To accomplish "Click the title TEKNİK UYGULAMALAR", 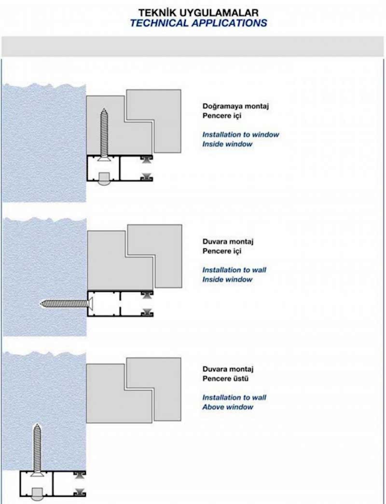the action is (198, 13).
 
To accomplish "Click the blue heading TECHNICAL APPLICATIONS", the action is (198, 23).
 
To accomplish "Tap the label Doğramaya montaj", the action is (235, 106).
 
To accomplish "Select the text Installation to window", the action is (241, 135).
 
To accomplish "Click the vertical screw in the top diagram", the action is (104, 135).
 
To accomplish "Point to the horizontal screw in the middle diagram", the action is (67, 303).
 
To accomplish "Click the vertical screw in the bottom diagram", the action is (37, 450).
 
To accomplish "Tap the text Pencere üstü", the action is (225, 378).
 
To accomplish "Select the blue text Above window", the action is (228, 407).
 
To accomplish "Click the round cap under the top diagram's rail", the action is (104, 179).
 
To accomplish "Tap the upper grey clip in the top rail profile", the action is (147, 160).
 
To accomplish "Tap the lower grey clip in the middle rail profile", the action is (147, 312).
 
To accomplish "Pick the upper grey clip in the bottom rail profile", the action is (80, 475).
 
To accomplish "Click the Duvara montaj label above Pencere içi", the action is (228, 242).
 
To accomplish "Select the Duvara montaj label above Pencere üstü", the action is (228, 369).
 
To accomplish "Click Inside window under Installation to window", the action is (227, 144).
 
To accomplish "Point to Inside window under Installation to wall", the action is (227, 279).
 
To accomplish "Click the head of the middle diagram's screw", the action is (91, 303).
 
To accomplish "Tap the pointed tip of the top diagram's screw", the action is (104, 109).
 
